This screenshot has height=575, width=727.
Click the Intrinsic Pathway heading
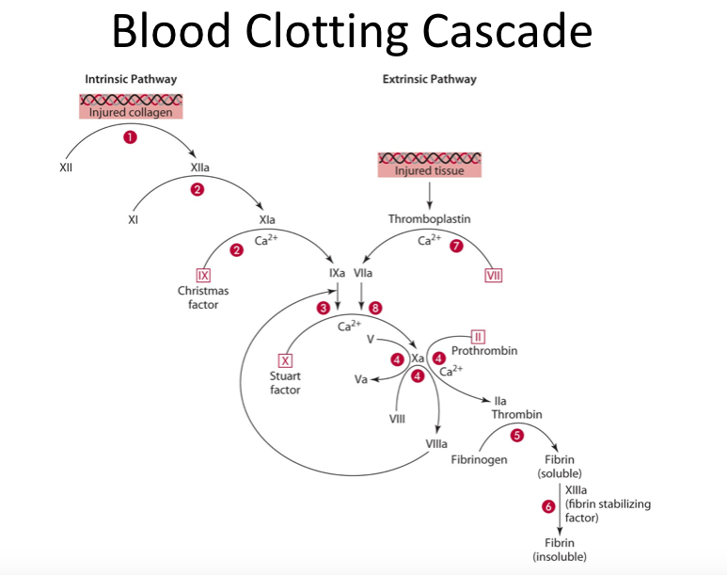pos(131,79)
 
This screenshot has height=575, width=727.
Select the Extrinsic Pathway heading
pos(429,79)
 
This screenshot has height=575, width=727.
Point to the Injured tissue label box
pos(429,170)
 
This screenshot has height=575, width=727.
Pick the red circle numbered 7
pos(457,247)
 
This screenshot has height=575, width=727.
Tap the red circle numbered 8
pos(376,308)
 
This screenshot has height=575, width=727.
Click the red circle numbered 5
pos(516,435)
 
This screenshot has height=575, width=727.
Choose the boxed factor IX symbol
pos(203,275)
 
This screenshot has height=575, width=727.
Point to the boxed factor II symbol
pos(478,337)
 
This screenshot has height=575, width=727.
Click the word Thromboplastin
pos(430,218)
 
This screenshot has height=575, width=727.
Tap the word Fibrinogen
pos(479,460)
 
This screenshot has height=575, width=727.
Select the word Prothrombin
pos(484,351)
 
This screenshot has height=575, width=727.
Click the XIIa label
pos(199,167)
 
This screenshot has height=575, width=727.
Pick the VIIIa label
pos(436,442)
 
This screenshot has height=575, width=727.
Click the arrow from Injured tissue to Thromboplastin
pos(430,194)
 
